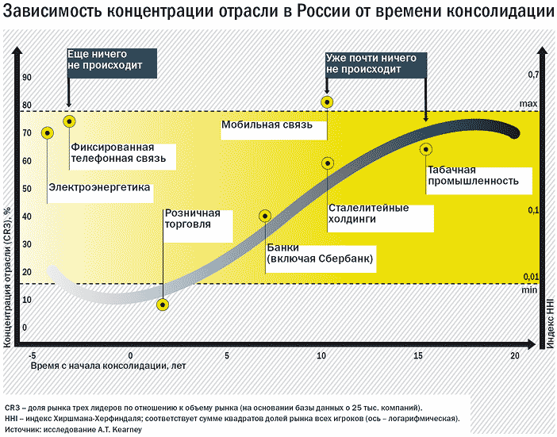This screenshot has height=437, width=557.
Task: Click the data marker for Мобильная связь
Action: (327, 102)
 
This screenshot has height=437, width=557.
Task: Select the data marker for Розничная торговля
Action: (163, 305)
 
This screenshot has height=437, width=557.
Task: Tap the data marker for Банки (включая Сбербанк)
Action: (265, 216)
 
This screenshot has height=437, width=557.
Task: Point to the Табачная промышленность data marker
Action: (426, 148)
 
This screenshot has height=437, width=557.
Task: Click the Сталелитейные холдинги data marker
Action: (328, 163)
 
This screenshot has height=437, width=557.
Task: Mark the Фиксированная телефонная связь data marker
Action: (69, 121)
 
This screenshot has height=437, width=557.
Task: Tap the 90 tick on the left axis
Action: (26, 77)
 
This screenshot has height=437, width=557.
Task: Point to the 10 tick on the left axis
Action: (26, 299)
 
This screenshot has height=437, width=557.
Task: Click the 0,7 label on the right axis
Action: (533, 75)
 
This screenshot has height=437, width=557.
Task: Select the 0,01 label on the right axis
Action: (532, 276)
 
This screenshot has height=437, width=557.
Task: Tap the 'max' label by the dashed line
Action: (529, 104)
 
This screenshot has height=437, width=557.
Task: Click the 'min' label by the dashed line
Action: (529, 290)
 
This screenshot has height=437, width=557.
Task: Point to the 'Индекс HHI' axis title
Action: (548, 320)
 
